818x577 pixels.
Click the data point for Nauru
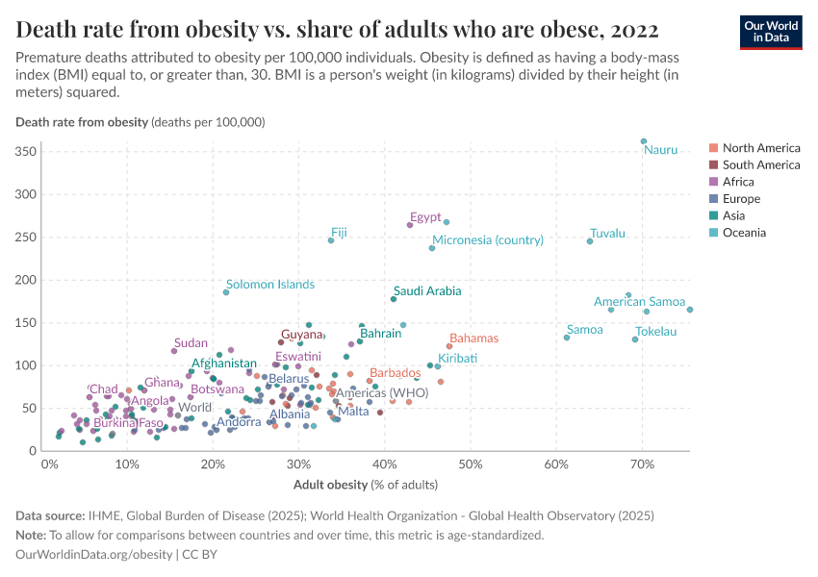(x=644, y=141)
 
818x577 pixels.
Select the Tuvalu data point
(x=590, y=240)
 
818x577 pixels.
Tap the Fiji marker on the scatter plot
(x=331, y=239)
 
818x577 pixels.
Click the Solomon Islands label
(x=269, y=285)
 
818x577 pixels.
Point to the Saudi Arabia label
(x=427, y=290)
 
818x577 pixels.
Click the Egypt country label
(x=424, y=216)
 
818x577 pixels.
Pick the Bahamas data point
(x=449, y=346)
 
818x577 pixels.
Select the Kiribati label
(x=457, y=358)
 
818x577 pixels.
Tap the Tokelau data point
(x=635, y=339)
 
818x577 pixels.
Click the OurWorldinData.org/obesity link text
(x=93, y=555)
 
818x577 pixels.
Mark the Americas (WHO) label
(x=382, y=393)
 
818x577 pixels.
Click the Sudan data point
(x=174, y=351)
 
